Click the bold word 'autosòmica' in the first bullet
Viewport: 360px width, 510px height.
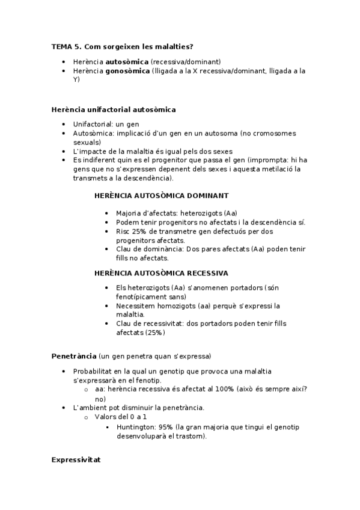[x=127, y=61]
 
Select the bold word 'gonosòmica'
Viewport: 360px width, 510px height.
[x=128, y=71]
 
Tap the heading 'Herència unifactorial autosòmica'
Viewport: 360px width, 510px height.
[x=114, y=109]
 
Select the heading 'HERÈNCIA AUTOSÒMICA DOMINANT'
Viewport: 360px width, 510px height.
[x=161, y=195]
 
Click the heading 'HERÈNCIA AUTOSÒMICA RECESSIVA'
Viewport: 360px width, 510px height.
[x=161, y=272]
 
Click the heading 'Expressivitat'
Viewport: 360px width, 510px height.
[x=76, y=459]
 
